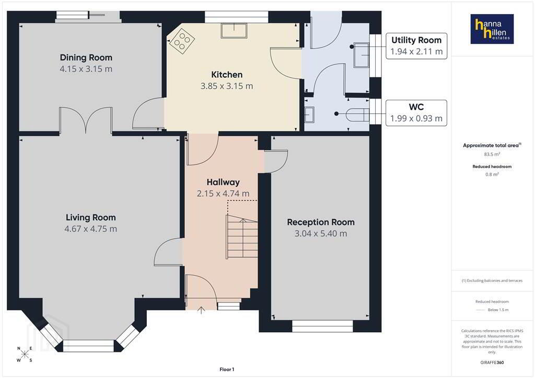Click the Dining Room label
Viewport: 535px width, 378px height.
click(86, 57)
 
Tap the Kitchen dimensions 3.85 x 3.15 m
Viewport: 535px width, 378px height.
click(227, 86)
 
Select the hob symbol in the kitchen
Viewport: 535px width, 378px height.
click(182, 40)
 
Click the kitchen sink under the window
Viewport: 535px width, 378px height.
click(234, 31)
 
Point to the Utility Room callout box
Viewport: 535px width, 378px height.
click(416, 46)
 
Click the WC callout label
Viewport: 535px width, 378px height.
click(416, 107)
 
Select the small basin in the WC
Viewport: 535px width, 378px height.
click(309, 114)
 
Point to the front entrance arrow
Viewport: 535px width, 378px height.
click(201, 310)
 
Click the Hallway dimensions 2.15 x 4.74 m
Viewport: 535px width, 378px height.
click(223, 194)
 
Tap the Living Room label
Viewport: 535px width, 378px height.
click(91, 218)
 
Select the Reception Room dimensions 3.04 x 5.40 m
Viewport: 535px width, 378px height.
click(321, 233)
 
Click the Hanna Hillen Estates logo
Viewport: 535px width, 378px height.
click(492, 29)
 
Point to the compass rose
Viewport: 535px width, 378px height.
click(25, 354)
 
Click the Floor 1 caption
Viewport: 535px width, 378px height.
click(227, 370)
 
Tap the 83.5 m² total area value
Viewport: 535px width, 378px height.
click(492, 154)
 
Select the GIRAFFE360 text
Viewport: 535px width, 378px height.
click(492, 362)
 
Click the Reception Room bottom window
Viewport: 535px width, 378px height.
click(322, 326)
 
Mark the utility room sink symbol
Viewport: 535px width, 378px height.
click(362, 55)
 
